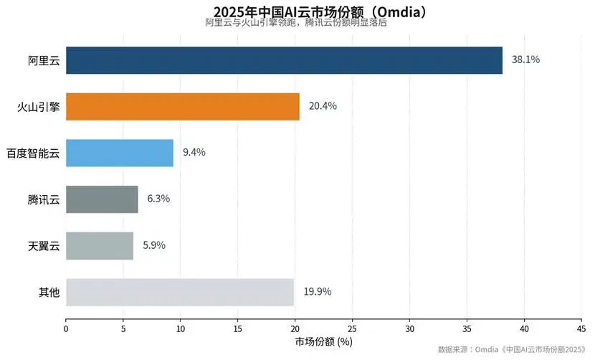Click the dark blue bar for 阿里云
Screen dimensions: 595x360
284,60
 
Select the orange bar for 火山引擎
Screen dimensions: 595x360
183,107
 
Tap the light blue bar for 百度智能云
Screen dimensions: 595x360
120,153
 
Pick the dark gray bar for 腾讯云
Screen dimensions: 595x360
102,199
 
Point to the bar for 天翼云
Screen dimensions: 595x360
100,246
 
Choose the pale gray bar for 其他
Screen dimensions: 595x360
180,293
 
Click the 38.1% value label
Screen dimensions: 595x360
525,60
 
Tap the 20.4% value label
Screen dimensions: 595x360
323,106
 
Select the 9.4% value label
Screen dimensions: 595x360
194,152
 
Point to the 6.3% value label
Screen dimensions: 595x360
158,199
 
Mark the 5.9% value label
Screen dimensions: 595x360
154,245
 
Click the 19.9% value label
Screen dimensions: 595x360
318,292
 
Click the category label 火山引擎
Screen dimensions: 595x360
38,107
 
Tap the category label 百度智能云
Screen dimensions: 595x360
33,153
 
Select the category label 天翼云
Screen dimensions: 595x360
44,247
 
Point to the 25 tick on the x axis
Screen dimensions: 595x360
352,329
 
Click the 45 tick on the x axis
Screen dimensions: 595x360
581,329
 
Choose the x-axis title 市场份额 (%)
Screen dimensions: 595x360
324,342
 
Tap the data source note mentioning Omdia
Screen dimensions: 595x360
512,349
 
